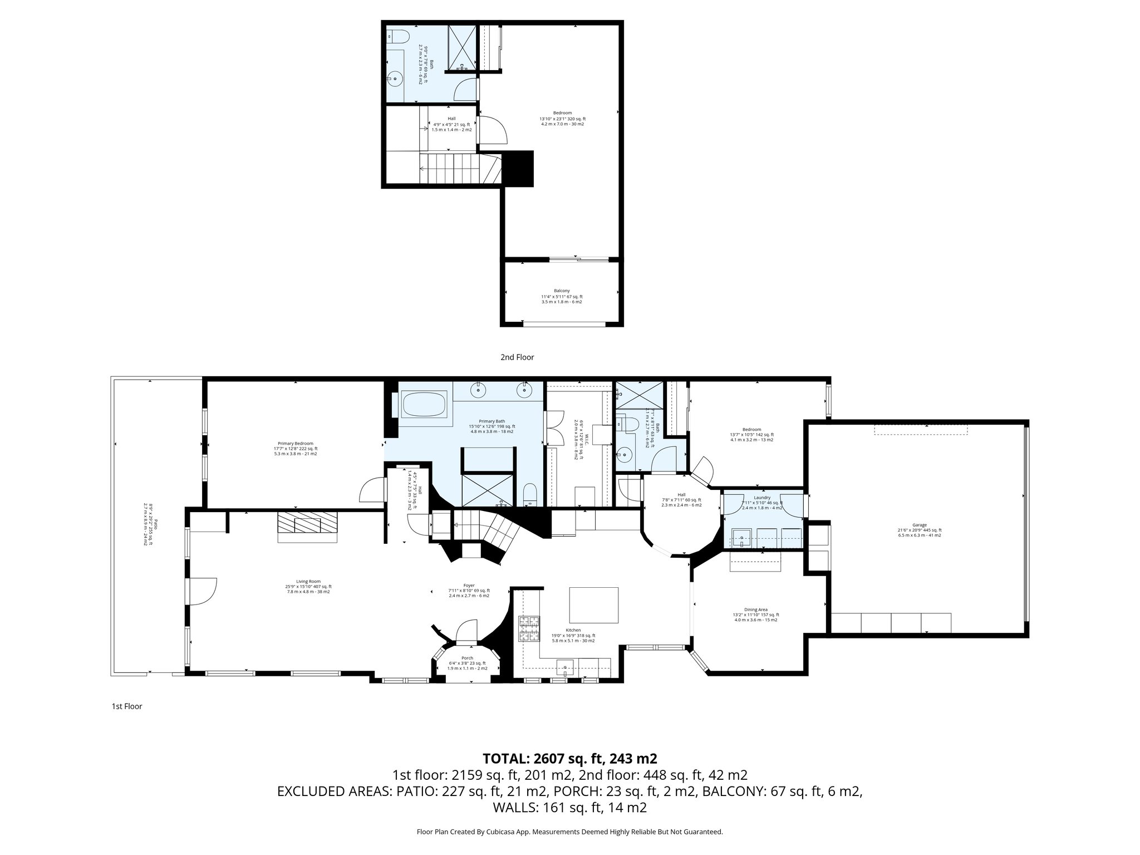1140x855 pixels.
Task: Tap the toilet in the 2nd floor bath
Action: [x=397, y=37]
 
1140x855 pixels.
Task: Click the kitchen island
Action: [x=593, y=605]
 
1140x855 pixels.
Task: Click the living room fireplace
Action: [x=308, y=526]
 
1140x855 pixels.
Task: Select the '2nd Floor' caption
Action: [x=517, y=357]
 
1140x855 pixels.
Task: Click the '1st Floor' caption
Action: [x=127, y=706]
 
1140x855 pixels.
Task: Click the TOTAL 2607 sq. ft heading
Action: [x=569, y=759]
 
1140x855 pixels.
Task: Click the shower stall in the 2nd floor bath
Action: [x=461, y=47]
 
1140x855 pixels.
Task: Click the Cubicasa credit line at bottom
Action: [x=569, y=832]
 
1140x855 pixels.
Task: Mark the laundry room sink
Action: [x=741, y=538]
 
